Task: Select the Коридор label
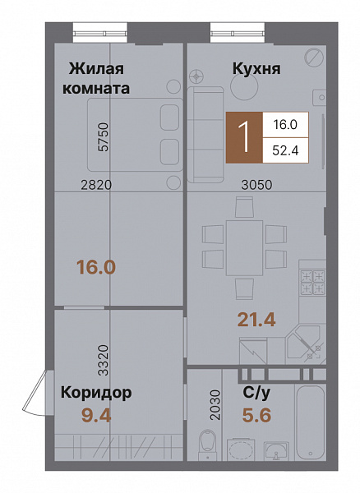coord(95,393)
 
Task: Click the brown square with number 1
coord(244,136)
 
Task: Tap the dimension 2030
coord(215,405)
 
